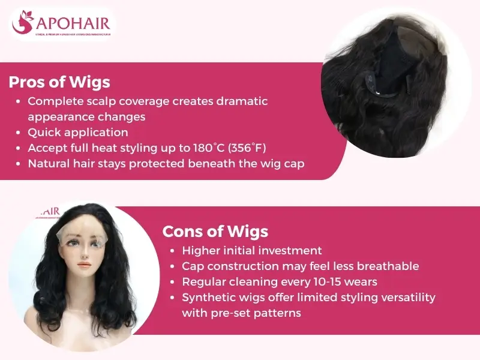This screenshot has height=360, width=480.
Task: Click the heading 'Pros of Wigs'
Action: click(x=59, y=82)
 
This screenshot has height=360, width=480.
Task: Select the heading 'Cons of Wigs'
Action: click(x=215, y=231)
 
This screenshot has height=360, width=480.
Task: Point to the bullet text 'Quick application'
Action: click(x=78, y=132)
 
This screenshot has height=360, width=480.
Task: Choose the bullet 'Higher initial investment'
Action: click(x=252, y=251)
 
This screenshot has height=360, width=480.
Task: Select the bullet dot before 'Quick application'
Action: click(x=20, y=133)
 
